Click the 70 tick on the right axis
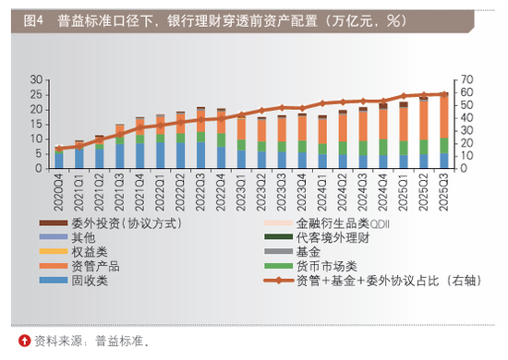467,79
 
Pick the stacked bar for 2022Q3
201,138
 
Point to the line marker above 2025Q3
443,94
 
